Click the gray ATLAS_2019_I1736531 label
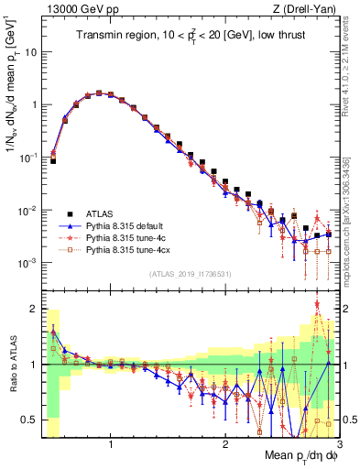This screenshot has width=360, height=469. pyautogui.click(x=191, y=274)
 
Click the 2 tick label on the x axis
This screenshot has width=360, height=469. pyautogui.click(x=225, y=443)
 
